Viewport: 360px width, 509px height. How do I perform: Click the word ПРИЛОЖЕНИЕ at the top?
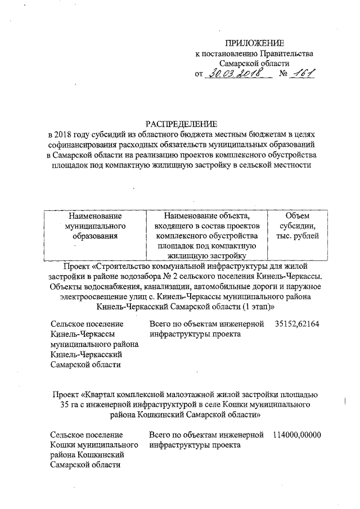[x=255, y=43]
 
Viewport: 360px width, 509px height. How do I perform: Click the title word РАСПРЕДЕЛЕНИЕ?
[x=181, y=124]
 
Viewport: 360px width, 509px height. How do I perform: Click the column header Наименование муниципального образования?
[x=94, y=226]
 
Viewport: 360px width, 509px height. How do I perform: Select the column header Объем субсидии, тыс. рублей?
[x=297, y=226]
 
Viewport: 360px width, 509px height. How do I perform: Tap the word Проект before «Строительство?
[x=79, y=264]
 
